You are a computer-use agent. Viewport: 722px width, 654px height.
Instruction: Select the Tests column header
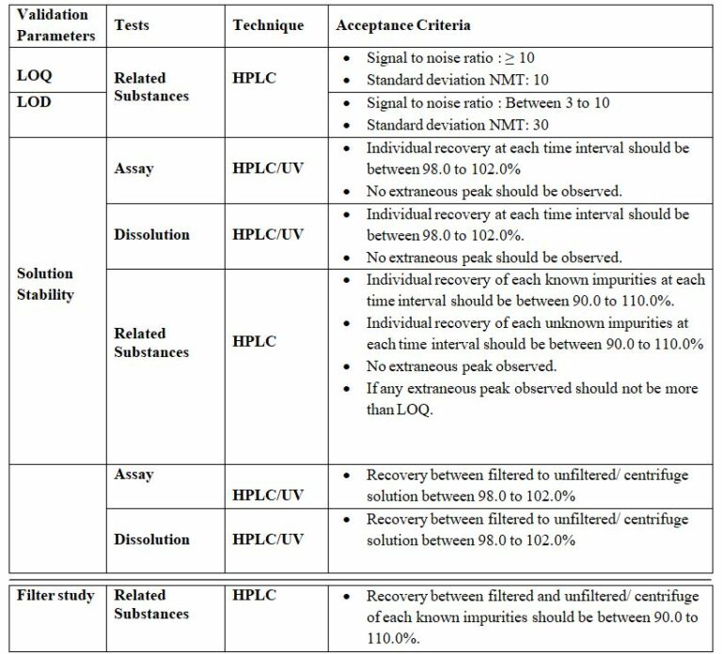pyautogui.click(x=131, y=25)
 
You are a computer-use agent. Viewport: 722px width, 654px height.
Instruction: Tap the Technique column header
pyautogui.click(x=268, y=25)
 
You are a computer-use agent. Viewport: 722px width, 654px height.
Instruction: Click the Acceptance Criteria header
pyautogui.click(x=403, y=25)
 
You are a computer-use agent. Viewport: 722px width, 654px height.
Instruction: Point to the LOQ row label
pyautogui.click(x=35, y=76)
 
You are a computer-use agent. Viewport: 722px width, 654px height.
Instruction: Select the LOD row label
pyautogui.click(x=35, y=102)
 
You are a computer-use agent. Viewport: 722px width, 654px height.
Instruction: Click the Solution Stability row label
pyautogui.click(x=45, y=284)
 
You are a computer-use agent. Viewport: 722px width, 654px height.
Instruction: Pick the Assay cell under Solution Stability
pyautogui.click(x=133, y=168)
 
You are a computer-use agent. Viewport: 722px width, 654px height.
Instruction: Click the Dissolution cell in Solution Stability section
pyautogui.click(x=151, y=234)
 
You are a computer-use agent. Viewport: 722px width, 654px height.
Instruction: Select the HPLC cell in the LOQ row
pyautogui.click(x=254, y=77)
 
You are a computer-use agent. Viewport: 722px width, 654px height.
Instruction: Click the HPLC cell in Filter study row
pyautogui.click(x=254, y=596)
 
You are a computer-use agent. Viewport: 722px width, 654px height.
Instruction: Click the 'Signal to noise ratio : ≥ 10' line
pyautogui.click(x=450, y=58)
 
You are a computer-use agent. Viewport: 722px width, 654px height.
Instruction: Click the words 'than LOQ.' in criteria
pyautogui.click(x=400, y=411)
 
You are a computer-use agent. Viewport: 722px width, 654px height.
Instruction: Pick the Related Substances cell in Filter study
pyautogui.click(x=151, y=604)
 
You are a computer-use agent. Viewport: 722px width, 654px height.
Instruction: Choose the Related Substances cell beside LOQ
pyautogui.click(x=151, y=86)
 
